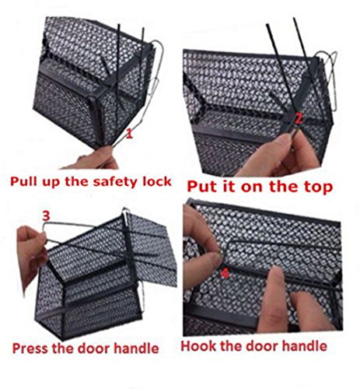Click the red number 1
129,134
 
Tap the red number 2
299,119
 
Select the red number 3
46,216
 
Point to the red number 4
225,273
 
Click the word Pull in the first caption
23,181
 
